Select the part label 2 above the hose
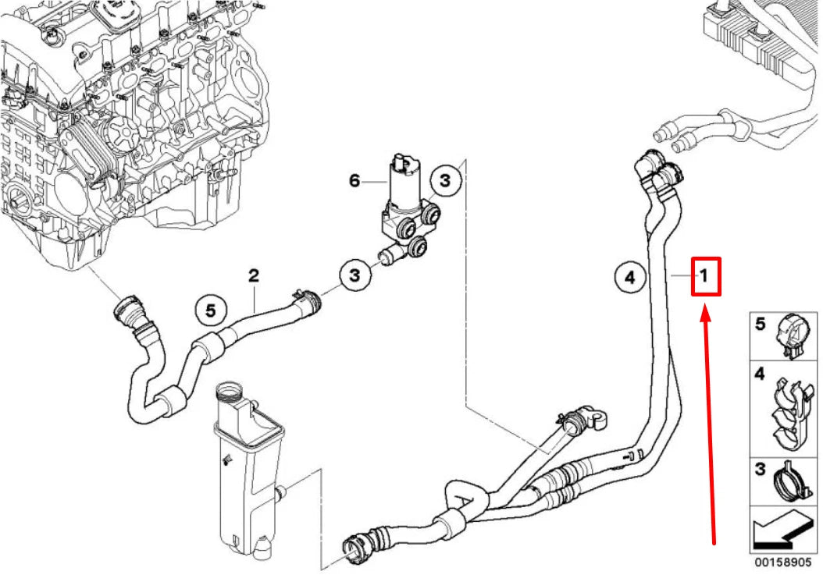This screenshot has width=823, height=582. coord(253,275)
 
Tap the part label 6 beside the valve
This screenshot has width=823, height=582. coord(354,181)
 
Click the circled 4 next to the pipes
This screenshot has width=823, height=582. coord(629,276)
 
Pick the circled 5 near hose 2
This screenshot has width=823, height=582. coord(210,310)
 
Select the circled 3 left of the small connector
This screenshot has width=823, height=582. coord(354,275)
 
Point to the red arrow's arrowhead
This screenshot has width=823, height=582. coord(705,312)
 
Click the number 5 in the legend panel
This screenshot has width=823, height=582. coord(760,323)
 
